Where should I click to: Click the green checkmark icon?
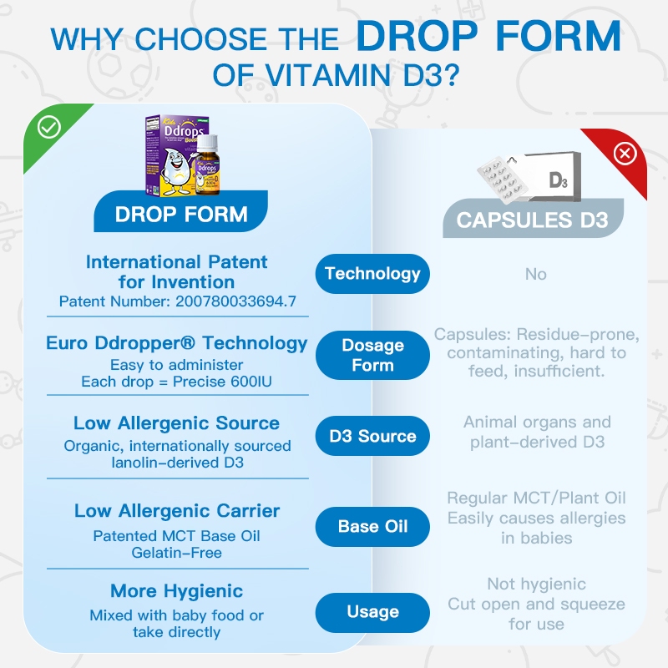[x=49, y=127]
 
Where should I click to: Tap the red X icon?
[x=625, y=154]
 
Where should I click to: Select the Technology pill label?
[x=372, y=274]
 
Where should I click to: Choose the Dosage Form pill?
[x=372, y=356]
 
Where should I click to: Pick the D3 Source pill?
[x=372, y=436]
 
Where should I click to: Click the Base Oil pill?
[x=372, y=527]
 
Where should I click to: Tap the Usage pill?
[x=372, y=612]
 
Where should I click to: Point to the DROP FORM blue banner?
[x=180, y=212]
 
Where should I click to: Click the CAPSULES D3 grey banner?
[x=533, y=219]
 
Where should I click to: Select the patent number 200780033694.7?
[x=235, y=301]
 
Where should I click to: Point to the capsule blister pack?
[x=502, y=179]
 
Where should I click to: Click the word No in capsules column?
[x=535, y=274]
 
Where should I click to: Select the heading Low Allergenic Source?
[x=176, y=423]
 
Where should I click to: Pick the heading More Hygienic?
[x=176, y=591]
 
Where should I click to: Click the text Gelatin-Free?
[x=176, y=553]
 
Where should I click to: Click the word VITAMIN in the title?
[x=327, y=75]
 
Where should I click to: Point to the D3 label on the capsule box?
[x=558, y=180]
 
